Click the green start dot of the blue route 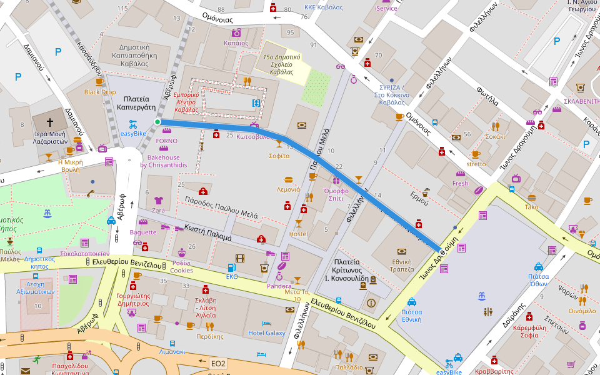pos(157,122)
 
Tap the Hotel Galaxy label pos(266,333)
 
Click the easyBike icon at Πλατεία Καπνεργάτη pos(132,124)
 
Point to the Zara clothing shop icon pos(158,201)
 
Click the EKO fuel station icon pos(231,267)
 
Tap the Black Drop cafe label pos(100,92)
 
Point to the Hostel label pos(298,234)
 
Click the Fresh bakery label pos(460,183)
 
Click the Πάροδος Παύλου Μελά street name pos(221,208)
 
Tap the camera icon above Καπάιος pos(236,32)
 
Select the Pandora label pos(279,286)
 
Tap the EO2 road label pos(217,363)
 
